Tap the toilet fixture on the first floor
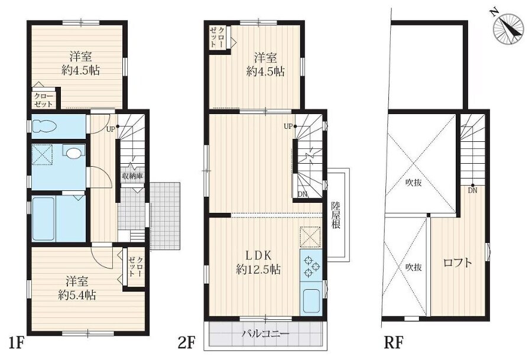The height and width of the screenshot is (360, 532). [45, 127]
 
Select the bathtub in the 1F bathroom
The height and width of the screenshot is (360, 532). [43, 219]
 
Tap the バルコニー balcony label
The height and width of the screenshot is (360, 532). [265, 333]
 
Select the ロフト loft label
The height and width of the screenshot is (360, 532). [458, 262]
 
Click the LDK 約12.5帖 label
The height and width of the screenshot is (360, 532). [258, 262]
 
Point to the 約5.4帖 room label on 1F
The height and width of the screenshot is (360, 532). [77, 295]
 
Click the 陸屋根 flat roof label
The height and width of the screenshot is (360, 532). [336, 215]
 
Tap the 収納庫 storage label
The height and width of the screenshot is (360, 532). [132, 176]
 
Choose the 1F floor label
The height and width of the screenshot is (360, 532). [16, 343]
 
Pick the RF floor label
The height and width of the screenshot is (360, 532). [394, 343]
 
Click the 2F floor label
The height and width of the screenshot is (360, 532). [187, 343]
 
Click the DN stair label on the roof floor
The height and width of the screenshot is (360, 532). [473, 190]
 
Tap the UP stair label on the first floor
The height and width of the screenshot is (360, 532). [111, 129]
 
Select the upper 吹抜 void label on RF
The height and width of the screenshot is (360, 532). [414, 183]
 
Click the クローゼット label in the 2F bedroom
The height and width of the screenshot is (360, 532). [217, 37]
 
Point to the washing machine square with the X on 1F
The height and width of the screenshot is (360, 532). [42, 155]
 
